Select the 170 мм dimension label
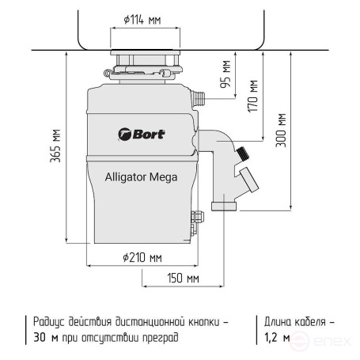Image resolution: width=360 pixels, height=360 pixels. [253, 96]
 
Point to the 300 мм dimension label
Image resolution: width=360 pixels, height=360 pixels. [282, 130]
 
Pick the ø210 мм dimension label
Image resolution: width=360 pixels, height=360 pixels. [142, 257]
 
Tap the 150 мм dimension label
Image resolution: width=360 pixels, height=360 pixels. [182, 278]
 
